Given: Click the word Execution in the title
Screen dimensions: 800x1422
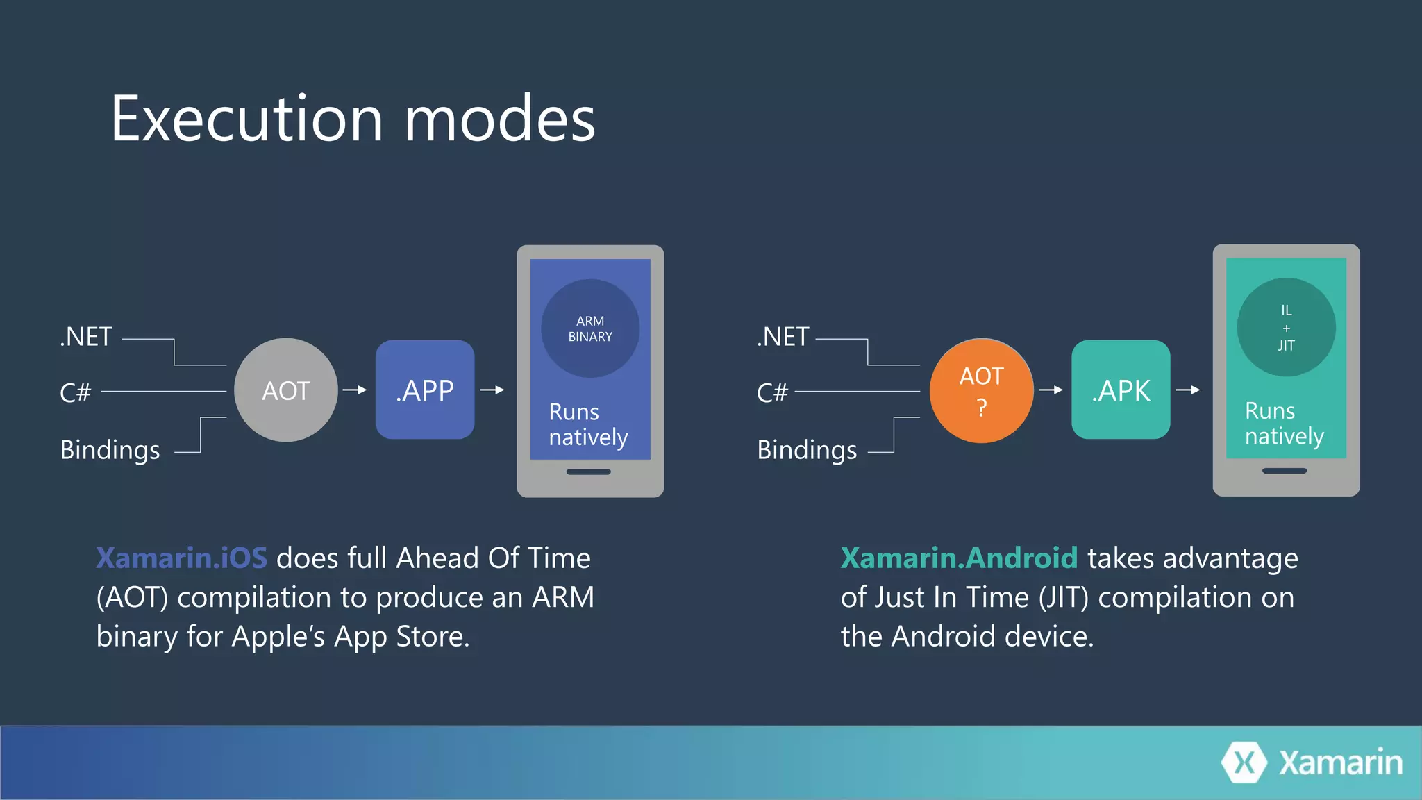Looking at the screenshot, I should pos(246,119).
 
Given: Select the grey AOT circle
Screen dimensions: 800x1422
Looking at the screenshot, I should pos(285,390).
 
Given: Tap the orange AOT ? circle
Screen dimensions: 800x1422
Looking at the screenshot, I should pos(981,390).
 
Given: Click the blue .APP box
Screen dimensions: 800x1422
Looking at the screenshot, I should pos(425,390).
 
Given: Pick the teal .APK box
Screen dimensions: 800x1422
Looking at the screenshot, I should pos(1121,390).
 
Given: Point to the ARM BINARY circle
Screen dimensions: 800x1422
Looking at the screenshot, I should pos(590,328).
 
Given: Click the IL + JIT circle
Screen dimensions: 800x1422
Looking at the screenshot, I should pos(1286,327).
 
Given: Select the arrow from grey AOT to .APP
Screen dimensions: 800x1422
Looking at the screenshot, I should pos(355,390).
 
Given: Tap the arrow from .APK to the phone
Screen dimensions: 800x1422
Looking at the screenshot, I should pos(1188,390).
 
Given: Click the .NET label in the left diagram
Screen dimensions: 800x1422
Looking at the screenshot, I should pos(86,337).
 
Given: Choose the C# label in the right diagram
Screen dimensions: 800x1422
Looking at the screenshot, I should pos(772,393).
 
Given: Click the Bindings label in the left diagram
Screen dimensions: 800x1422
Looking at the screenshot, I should pos(110,450).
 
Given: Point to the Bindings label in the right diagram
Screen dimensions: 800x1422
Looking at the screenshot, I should pos(807,450).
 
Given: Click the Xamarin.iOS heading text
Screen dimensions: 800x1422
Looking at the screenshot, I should pos(181,558).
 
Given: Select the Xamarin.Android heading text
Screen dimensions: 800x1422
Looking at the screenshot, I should pos(959,558).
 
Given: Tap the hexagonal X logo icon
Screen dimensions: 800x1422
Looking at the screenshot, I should pos(1244,762).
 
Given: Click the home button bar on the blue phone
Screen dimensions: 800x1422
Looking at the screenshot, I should pos(588,472).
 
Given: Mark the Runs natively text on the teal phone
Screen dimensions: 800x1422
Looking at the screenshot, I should pos(1284,424).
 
